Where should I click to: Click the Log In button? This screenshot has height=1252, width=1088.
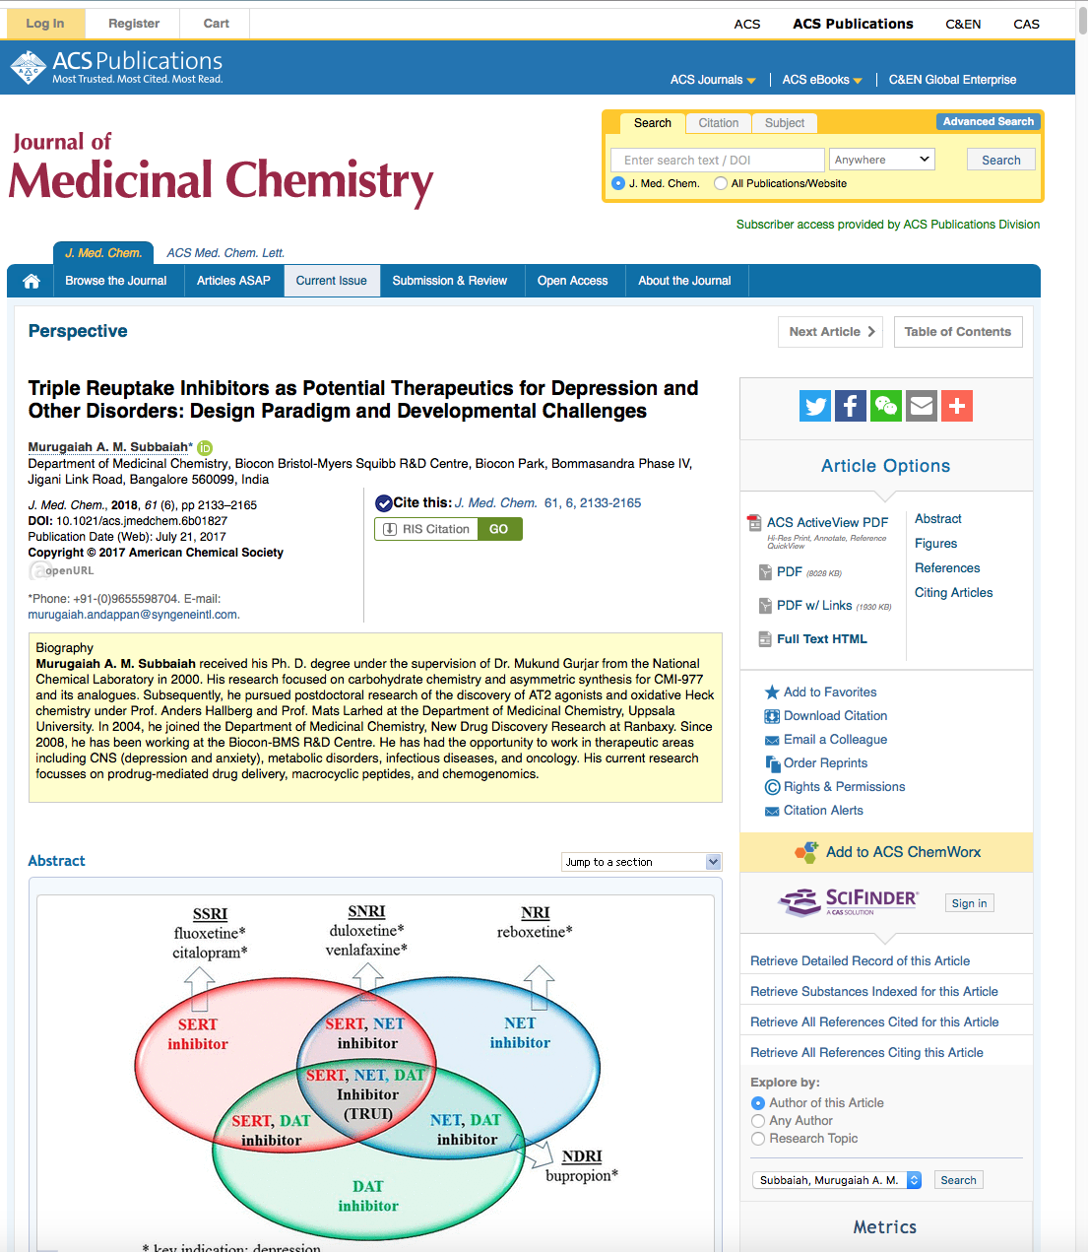click(45, 24)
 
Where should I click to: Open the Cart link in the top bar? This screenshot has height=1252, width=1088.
click(216, 24)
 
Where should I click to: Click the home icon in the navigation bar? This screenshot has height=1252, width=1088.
click(32, 282)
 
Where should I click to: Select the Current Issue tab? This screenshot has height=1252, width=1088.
click(331, 281)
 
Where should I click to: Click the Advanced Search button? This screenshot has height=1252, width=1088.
click(988, 122)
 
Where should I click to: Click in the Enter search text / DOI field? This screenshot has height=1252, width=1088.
click(717, 161)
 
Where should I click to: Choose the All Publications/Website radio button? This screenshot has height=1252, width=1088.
click(722, 183)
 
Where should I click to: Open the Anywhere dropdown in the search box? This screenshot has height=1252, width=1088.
click(881, 160)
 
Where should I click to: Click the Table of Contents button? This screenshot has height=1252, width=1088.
click(957, 332)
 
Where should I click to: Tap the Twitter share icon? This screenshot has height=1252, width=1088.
click(815, 406)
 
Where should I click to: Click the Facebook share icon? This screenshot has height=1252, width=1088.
click(851, 406)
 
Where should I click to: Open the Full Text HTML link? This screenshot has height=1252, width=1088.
click(821, 639)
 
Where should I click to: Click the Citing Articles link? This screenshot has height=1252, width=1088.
click(953, 593)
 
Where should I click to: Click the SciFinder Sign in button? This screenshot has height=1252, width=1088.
click(969, 903)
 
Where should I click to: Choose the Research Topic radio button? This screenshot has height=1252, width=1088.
click(758, 1139)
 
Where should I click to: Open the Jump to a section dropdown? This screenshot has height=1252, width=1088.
click(642, 862)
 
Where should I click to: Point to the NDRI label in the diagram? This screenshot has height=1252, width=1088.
click(582, 1156)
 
